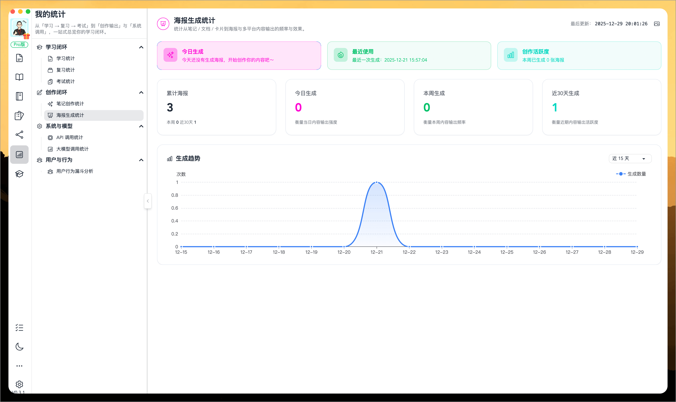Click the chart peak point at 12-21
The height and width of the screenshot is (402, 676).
[x=377, y=182]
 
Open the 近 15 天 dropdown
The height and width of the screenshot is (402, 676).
[x=630, y=158]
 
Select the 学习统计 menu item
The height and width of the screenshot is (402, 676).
[x=65, y=58]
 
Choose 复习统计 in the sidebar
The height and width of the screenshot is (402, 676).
[x=65, y=70]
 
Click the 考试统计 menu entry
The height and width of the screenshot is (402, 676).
[x=65, y=82]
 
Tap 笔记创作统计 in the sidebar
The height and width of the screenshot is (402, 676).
[x=70, y=104]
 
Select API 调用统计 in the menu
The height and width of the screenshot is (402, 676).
[x=69, y=138]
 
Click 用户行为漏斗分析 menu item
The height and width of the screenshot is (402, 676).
[x=74, y=171]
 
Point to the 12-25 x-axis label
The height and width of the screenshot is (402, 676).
[x=507, y=252]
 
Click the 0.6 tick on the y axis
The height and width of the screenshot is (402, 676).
[x=174, y=208]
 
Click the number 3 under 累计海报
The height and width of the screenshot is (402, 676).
[x=170, y=108]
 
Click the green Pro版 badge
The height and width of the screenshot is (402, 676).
[x=19, y=44]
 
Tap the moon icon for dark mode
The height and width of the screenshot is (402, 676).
[x=19, y=346]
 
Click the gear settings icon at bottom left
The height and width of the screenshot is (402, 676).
[x=19, y=384]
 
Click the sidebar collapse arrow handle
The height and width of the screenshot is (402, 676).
[x=148, y=201]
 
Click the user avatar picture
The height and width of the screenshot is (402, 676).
[x=19, y=28]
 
